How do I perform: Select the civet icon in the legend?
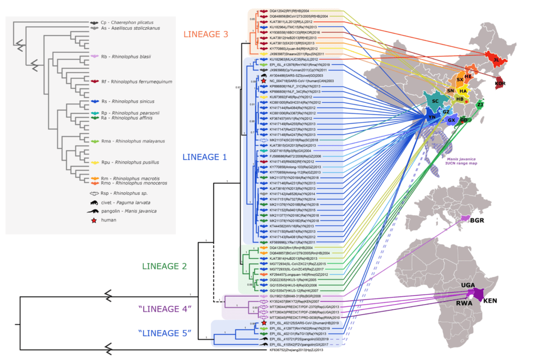point(95,202)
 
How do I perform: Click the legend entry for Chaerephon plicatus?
point(132,24)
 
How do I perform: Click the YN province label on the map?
point(432,118)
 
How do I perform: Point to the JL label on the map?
point(494,60)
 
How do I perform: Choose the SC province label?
point(434,101)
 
